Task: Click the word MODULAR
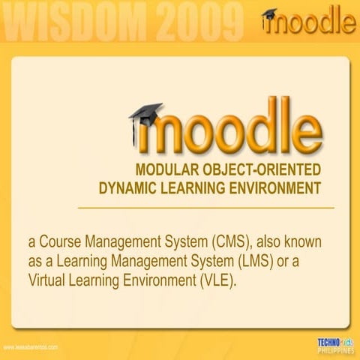[x=165, y=169]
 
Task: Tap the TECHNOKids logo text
[x=334, y=342]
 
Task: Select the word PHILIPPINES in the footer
[x=335, y=350]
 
